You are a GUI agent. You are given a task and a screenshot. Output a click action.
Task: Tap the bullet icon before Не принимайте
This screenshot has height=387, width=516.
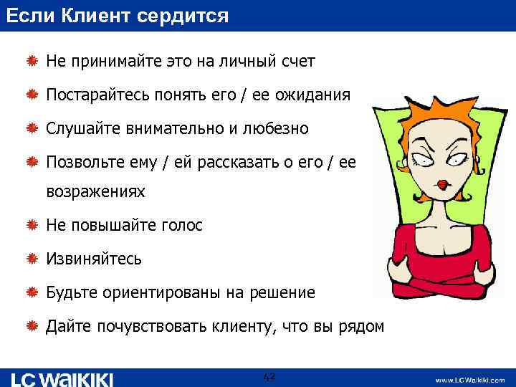32,62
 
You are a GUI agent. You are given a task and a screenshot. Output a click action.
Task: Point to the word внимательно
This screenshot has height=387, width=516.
167,129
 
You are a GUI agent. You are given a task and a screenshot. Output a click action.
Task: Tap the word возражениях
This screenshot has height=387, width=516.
95,192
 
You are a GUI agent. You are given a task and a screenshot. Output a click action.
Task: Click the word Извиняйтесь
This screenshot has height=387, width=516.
94,259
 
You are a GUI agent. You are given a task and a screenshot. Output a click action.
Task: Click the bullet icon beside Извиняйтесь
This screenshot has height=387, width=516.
32,259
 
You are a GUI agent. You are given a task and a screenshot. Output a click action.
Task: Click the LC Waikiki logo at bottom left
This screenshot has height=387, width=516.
62,378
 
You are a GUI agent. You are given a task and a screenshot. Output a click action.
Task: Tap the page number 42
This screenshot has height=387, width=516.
269,377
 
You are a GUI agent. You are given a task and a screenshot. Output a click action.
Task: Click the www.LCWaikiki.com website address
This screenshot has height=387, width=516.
469,379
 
